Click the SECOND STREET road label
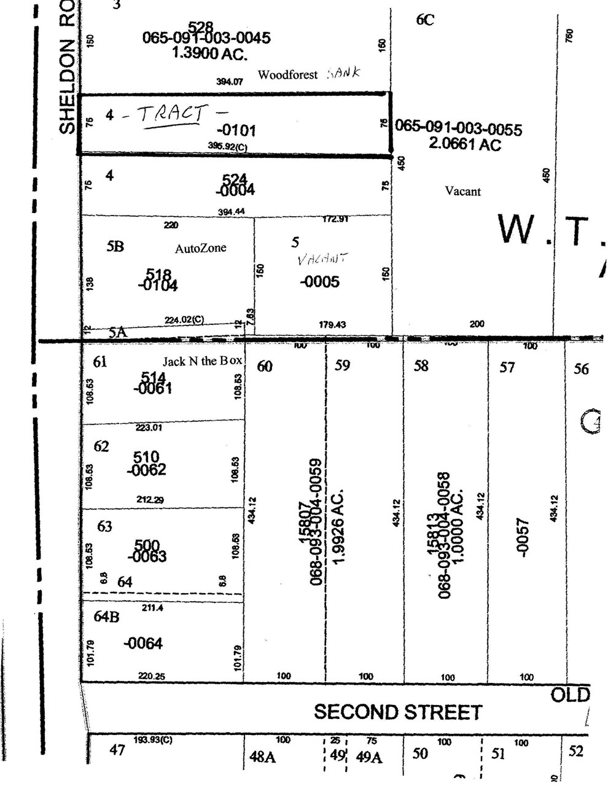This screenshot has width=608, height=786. pyautogui.click(x=398, y=712)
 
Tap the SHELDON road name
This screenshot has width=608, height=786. pyautogui.click(x=67, y=86)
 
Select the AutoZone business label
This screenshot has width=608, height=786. pyautogui.click(x=200, y=249)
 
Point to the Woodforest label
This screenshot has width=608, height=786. pyautogui.click(x=287, y=75)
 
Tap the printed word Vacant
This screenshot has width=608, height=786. pyautogui.click(x=462, y=192)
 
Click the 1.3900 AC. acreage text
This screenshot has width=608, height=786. pyautogui.click(x=209, y=53)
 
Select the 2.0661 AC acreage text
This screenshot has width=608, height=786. pyautogui.click(x=466, y=145)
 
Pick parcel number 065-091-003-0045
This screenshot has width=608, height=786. pyautogui.click(x=206, y=38)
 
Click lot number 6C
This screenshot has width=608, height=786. pyautogui.click(x=425, y=20)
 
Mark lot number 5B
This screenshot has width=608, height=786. pyautogui.click(x=115, y=246)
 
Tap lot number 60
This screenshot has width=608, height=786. pyautogui.click(x=265, y=367)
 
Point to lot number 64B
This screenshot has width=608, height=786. pyautogui.click(x=106, y=617)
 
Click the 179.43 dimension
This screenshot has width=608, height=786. pyautogui.click(x=332, y=324)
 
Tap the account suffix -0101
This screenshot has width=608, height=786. pyautogui.click(x=236, y=130)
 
